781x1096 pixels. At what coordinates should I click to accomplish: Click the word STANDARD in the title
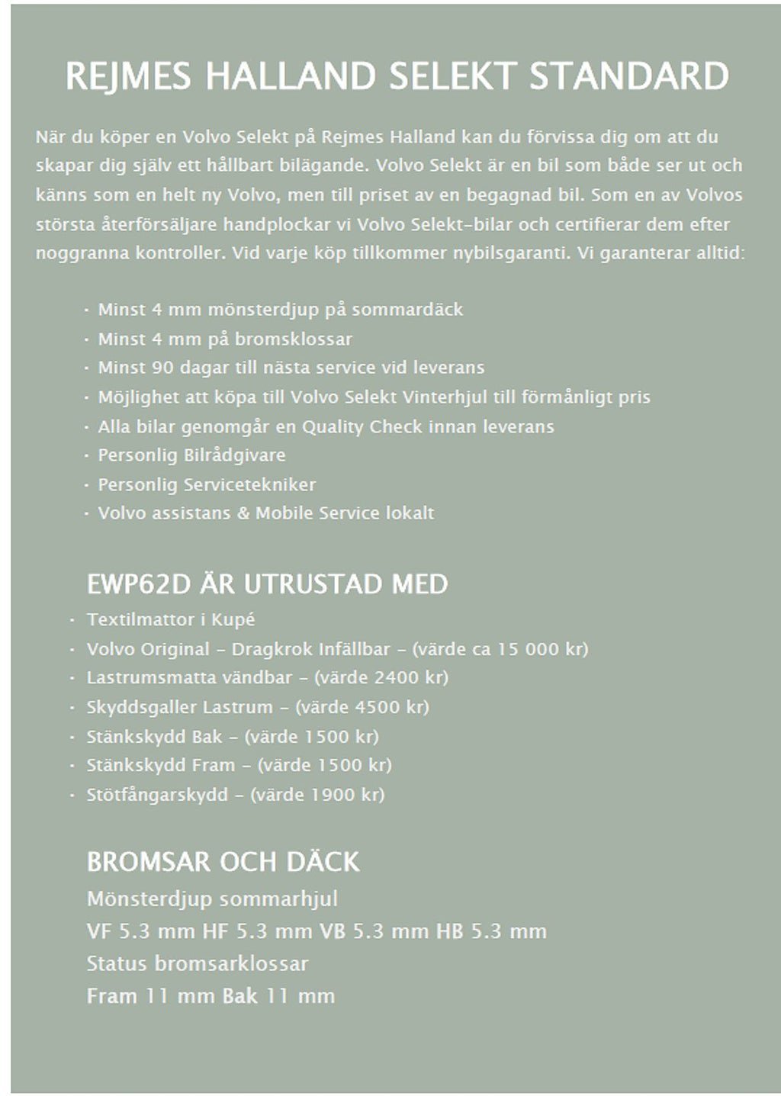coord(628,77)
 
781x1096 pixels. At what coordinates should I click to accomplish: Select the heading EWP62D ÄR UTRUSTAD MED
coord(267,585)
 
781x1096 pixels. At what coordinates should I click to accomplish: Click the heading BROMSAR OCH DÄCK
coord(223,863)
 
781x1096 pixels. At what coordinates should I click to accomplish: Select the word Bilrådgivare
coord(235,455)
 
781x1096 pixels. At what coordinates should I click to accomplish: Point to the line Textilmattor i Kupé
coord(171,619)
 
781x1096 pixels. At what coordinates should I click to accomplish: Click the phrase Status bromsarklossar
coord(198,963)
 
